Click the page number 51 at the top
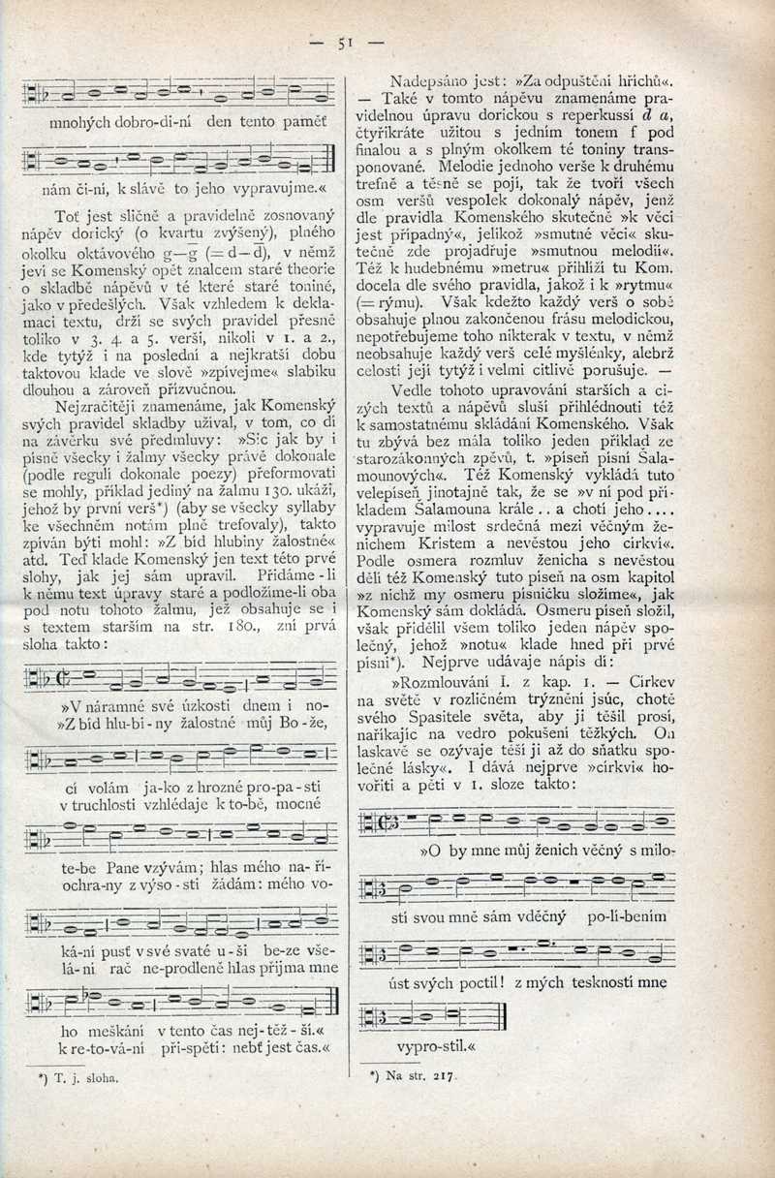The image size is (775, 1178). click(343, 42)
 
